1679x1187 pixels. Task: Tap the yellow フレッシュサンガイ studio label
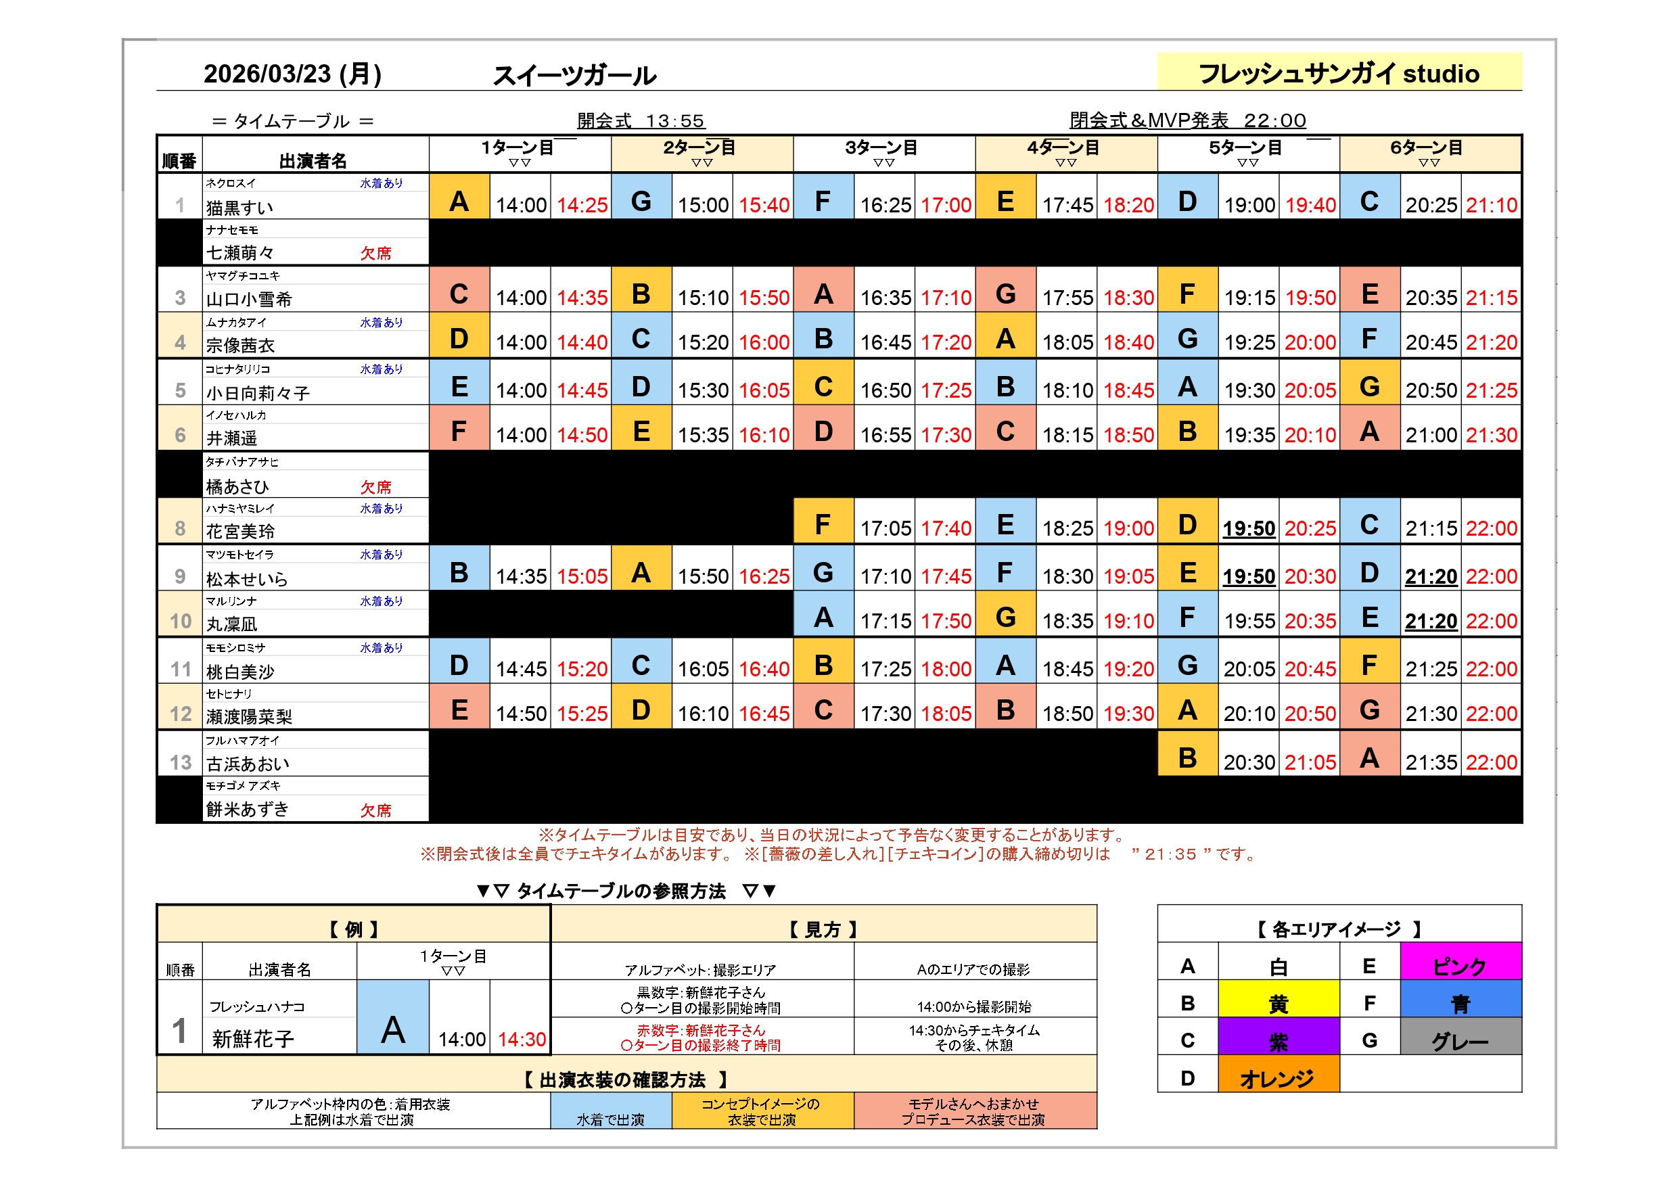pos(1338,73)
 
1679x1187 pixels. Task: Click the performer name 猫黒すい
pos(240,208)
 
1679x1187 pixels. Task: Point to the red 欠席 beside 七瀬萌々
pos(376,253)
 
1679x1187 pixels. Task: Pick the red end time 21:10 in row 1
pos(1491,206)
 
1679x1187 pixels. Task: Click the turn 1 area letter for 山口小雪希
pos(459,294)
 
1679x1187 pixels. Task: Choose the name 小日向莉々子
pos(258,394)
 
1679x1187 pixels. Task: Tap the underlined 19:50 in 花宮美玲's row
pos(1248,529)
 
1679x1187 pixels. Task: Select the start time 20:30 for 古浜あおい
pos(1248,763)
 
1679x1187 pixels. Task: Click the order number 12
pos(181,714)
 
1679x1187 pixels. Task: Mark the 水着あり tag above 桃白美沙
pos(381,648)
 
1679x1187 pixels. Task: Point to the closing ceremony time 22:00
pos(1274,120)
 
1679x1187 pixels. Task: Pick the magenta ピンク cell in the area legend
pos(1460,966)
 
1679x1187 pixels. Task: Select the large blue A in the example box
pos(393,1030)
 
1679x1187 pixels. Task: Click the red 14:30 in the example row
pos(522,1040)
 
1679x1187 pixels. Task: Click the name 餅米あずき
pos(247,810)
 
